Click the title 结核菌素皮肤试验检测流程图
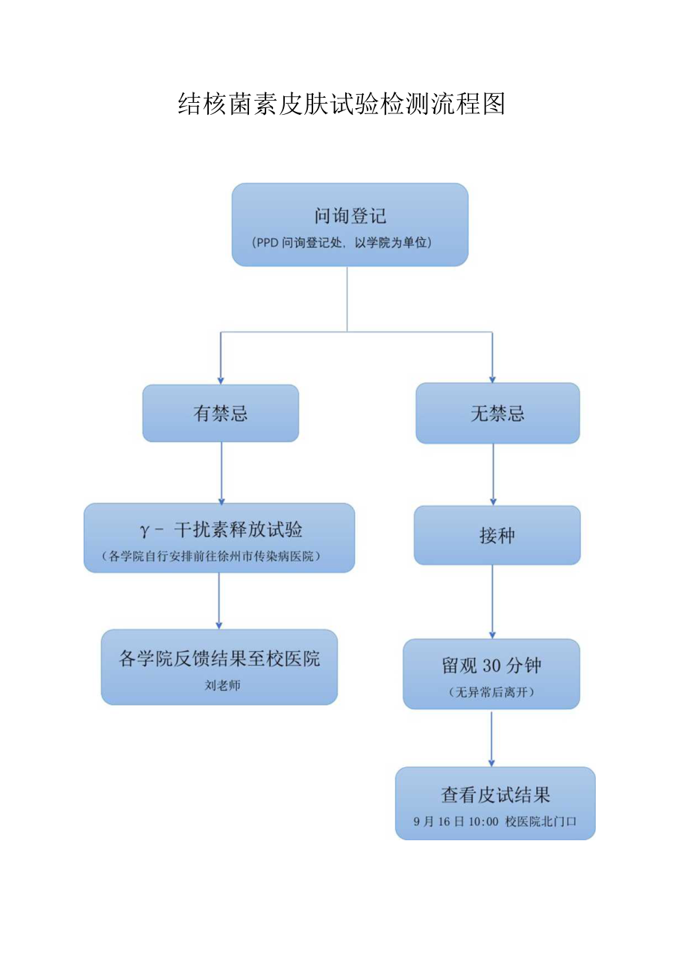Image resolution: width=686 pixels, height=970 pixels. [x=342, y=104]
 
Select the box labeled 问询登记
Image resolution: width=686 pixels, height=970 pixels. [x=350, y=217]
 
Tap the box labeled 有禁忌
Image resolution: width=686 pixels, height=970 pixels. [x=221, y=414]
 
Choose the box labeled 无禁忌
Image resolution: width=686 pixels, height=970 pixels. [x=497, y=414]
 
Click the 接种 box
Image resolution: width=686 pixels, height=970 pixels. [x=497, y=535]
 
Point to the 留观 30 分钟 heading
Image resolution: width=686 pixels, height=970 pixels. [x=491, y=666]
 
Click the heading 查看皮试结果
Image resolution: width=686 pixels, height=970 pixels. [x=495, y=795]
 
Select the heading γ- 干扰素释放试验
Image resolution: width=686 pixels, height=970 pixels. [x=220, y=530]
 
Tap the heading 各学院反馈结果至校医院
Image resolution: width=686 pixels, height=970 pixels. [x=219, y=658]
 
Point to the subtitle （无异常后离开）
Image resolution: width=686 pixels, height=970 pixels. [x=491, y=692]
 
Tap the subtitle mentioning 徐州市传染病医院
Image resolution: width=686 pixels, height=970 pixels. [x=219, y=556]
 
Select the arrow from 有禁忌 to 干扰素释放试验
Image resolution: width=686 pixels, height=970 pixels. [x=221, y=473]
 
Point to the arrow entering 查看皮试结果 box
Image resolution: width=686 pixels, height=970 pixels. [x=491, y=738]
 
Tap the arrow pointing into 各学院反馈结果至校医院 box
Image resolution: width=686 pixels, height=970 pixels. [x=219, y=601]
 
